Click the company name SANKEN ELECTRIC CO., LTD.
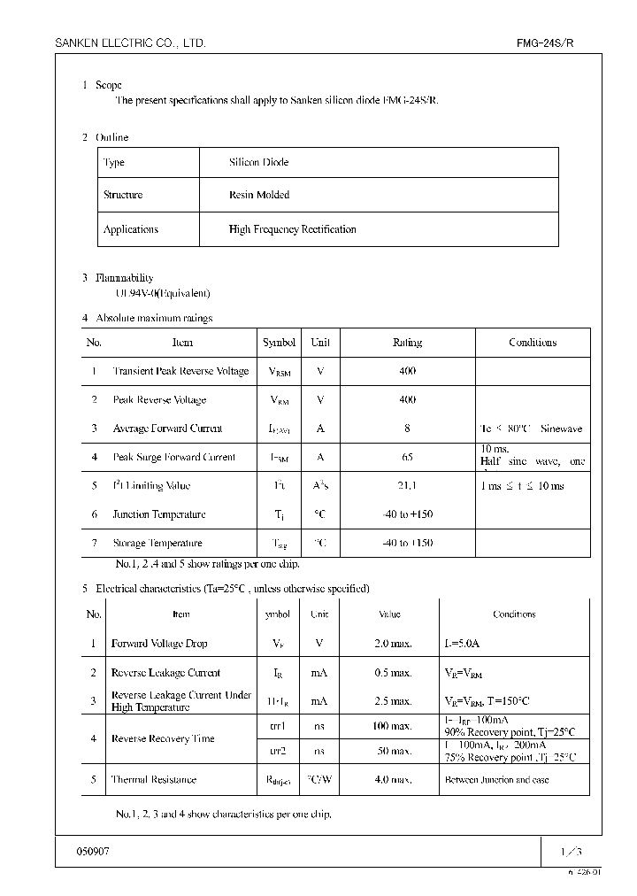pos(131,42)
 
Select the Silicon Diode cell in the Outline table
pos(258,163)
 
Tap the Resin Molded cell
pos(258,195)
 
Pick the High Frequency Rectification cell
pos(292,229)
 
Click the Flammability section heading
pos(124,278)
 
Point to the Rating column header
pos(407,343)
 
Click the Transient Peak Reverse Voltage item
pos(180,372)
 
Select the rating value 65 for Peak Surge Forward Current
pos(407,458)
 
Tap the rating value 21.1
pos(407,486)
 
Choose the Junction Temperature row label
pos(159,514)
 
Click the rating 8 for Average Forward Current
pos(407,429)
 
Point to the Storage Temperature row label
pos(157,544)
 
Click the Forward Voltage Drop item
pos(159,644)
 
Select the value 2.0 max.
pos(393,644)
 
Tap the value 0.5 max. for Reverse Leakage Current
pos(393,673)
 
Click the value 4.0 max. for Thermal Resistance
pos(393,780)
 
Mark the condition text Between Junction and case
pos(496,780)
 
